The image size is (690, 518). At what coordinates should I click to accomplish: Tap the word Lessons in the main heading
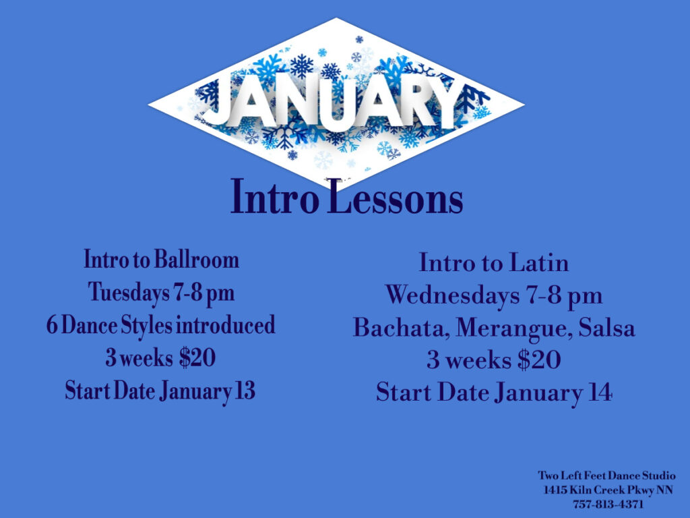click(x=396, y=197)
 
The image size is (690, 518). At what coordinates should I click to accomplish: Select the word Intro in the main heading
click(x=275, y=197)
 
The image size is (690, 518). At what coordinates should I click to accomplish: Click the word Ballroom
click(x=197, y=260)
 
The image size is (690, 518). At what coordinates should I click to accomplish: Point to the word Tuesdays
click(x=129, y=293)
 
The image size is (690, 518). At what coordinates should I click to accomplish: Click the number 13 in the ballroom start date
click(x=245, y=391)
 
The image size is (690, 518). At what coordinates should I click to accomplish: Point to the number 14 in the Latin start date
click(x=600, y=392)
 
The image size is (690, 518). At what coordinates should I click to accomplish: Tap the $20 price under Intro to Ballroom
click(x=197, y=357)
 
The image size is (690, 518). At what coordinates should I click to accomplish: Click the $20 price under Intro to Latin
click(x=539, y=360)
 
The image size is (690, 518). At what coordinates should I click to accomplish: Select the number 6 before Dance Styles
click(x=52, y=326)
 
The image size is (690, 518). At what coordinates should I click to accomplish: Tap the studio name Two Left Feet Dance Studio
click(x=606, y=476)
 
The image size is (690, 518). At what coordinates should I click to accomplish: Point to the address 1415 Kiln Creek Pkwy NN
click(x=608, y=490)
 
